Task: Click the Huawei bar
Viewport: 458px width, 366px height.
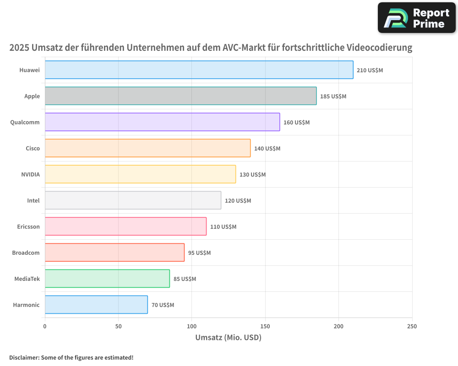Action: (199, 70)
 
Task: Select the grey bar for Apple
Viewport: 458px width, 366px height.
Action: (180, 96)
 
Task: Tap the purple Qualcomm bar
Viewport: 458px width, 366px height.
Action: (162, 122)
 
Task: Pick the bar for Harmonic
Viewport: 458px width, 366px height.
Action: (96, 305)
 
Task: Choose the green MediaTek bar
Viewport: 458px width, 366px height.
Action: (107, 279)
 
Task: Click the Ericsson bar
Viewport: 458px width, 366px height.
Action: (125, 226)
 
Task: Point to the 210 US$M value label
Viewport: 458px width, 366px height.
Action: (370, 70)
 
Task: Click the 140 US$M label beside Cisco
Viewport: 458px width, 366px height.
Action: (267, 149)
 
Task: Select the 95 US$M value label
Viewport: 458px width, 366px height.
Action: (199, 253)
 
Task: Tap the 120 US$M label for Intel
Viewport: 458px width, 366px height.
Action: (238, 201)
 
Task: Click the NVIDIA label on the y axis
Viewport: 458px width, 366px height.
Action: (30, 175)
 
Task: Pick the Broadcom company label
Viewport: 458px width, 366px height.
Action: (26, 253)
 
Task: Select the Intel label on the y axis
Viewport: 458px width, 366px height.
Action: (33, 201)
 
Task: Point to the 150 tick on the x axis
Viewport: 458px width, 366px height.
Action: (265, 327)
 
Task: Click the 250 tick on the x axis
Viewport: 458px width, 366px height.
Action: (412, 327)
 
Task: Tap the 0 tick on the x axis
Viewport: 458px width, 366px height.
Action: (45, 327)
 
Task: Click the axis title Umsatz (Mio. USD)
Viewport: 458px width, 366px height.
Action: (228, 338)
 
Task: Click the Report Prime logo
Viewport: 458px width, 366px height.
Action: (416, 18)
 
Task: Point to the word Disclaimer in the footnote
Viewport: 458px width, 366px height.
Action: (24, 358)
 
